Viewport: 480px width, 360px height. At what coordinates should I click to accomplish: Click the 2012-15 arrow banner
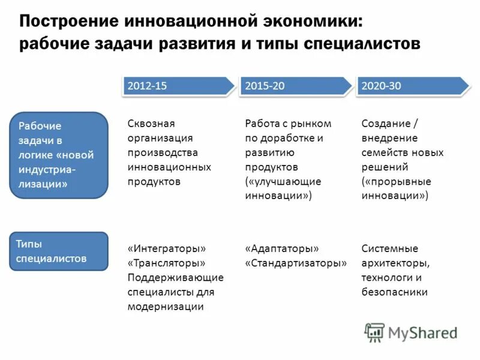point(177,86)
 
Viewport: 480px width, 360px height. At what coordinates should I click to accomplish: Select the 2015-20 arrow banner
point(295,86)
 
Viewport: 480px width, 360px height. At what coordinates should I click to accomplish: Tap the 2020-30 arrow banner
point(412,86)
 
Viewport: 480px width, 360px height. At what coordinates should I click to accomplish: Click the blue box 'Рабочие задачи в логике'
point(59,155)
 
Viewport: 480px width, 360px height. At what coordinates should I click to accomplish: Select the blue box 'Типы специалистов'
point(59,251)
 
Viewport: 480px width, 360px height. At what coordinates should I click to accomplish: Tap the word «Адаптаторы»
point(282,248)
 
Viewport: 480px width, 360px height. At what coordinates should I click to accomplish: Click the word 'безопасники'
point(394,292)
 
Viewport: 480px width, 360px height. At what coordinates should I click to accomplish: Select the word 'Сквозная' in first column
point(151,124)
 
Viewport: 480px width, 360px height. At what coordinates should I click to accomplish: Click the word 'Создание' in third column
point(386,124)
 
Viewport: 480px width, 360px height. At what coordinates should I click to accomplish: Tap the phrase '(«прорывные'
point(396,181)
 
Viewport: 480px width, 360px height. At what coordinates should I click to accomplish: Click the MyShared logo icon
point(375,332)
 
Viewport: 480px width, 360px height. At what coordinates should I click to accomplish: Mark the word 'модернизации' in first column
point(166,307)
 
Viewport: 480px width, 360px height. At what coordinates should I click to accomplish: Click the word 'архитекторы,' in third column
point(395,263)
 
